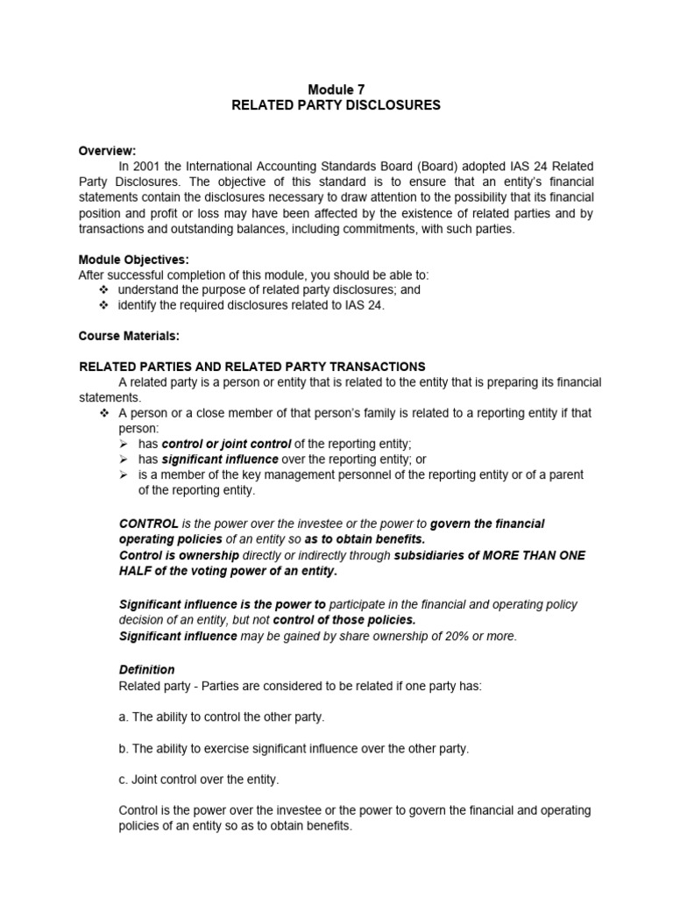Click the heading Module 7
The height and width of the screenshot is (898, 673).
(x=336, y=89)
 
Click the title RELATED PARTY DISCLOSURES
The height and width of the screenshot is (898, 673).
(x=336, y=105)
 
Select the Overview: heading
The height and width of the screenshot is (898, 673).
(x=108, y=150)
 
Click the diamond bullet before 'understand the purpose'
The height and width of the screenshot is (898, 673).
(x=103, y=289)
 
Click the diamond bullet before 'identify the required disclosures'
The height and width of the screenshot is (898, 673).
(x=103, y=305)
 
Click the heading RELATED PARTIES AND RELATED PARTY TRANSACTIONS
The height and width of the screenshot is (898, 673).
(x=252, y=367)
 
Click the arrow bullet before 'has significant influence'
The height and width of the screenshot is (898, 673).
(x=124, y=460)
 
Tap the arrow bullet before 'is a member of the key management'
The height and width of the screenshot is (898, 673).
(x=124, y=474)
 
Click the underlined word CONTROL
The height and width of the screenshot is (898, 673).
(x=149, y=524)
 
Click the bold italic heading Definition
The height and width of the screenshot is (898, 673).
(x=146, y=669)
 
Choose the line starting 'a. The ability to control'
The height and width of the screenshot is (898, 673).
(x=221, y=716)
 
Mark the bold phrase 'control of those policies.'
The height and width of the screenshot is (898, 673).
(x=344, y=620)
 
